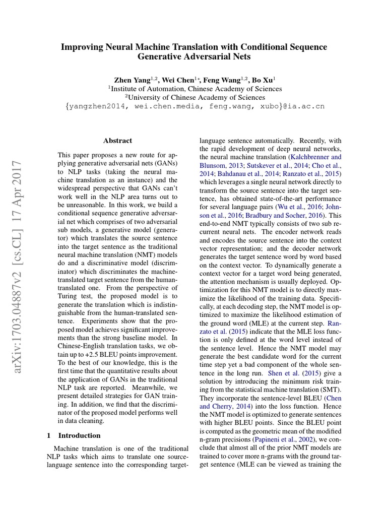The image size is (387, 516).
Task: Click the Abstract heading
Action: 117,141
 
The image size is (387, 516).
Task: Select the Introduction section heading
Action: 80,435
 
